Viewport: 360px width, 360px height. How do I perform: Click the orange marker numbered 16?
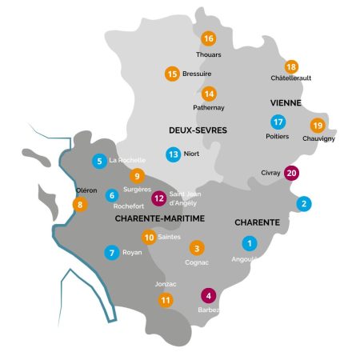pyautogui.click(x=209, y=38)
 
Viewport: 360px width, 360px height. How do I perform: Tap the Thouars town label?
pyautogui.click(x=209, y=54)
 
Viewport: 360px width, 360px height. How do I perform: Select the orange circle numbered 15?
pyautogui.click(x=172, y=74)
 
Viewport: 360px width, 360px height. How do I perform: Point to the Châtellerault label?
pyautogui.click(x=290, y=78)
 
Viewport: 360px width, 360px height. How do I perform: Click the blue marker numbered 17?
pyautogui.click(x=278, y=122)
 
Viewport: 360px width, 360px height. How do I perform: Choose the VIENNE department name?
pyautogui.click(x=285, y=104)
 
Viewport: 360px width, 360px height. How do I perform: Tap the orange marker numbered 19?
pyautogui.click(x=318, y=126)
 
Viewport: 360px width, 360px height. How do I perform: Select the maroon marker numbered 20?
pyautogui.click(x=291, y=172)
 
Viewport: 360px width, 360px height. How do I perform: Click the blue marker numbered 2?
pyautogui.click(x=304, y=204)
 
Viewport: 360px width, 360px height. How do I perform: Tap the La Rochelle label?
pyautogui.click(x=127, y=160)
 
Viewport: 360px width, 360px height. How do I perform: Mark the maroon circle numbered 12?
pyautogui.click(x=159, y=198)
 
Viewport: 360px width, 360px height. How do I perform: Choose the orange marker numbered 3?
pyautogui.click(x=197, y=248)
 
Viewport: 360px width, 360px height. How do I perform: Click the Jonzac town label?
pyautogui.click(x=165, y=283)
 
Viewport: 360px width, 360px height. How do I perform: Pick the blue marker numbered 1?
pyautogui.click(x=250, y=243)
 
